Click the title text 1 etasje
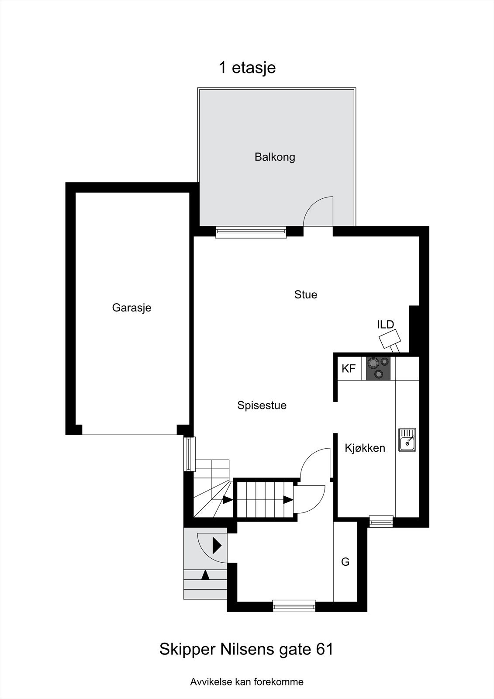tap(247, 68)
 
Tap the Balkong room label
tap(275, 157)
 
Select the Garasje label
tap(131, 308)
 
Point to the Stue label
tap(305, 294)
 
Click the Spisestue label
tap(262, 405)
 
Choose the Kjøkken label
tap(365, 448)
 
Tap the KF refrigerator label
tap(349, 369)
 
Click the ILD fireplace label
tap(385, 325)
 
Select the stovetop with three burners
tap(378, 368)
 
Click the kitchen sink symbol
tap(407, 439)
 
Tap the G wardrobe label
tap(345, 562)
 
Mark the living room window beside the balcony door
tap(251, 232)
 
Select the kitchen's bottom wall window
tap(381, 521)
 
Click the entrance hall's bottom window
tap(294, 606)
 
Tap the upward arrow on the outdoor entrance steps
tap(205, 574)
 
